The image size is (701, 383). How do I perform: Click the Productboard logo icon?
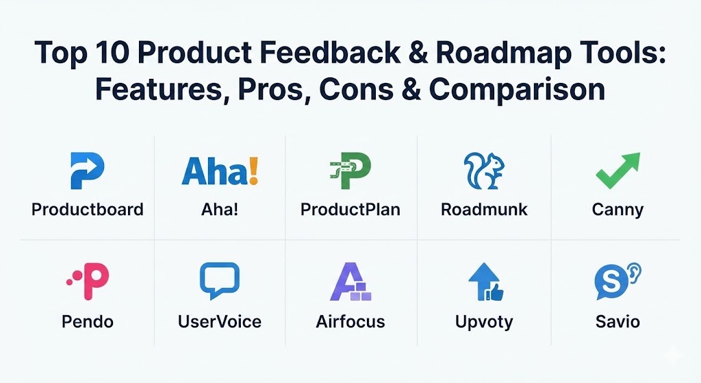(x=87, y=171)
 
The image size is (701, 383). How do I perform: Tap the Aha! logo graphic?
(x=220, y=171)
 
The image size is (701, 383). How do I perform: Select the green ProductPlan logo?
(x=350, y=171)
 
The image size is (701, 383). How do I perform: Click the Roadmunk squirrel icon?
(x=484, y=171)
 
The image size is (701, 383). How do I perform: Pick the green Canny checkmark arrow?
(x=618, y=171)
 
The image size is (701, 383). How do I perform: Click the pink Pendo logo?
(x=88, y=281)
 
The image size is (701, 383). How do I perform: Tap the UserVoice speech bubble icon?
(x=220, y=280)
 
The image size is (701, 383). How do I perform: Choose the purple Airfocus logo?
(x=350, y=282)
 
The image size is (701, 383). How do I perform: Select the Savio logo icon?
(x=618, y=281)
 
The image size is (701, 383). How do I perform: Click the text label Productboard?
(x=88, y=210)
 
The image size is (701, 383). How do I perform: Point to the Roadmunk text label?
(x=484, y=210)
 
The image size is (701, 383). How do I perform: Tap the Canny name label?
(x=618, y=210)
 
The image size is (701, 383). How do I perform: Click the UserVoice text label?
(x=220, y=322)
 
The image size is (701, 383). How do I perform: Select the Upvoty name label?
(x=484, y=322)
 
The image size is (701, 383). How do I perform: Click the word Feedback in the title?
(x=330, y=52)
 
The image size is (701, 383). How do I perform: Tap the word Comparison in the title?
(x=518, y=90)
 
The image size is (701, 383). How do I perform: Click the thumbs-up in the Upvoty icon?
(x=496, y=292)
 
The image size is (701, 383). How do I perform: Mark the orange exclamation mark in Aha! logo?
(x=253, y=171)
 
